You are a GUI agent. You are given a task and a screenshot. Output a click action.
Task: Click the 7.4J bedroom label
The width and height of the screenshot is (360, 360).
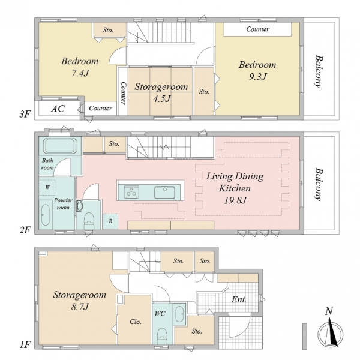pos(80,67)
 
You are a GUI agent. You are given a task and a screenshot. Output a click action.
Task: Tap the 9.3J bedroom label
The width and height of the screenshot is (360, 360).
pos(257,70)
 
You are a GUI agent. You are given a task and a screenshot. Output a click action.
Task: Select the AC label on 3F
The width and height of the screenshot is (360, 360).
pos(58,109)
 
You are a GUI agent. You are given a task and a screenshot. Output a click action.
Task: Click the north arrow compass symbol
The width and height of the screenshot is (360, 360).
pos(331,329)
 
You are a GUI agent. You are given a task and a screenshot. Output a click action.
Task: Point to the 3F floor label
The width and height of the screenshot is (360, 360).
pos(25,114)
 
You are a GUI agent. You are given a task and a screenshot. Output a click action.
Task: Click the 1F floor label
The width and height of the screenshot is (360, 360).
pos(25,345)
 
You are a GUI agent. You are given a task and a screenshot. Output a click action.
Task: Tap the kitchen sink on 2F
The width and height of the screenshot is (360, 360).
pos(164,192)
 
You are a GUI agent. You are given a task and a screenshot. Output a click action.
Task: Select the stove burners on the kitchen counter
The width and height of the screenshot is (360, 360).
pos(131,192)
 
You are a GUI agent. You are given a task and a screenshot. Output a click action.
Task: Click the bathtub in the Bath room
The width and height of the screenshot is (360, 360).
pos(60,146)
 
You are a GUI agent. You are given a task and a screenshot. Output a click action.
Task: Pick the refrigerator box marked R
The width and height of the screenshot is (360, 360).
pos(110,221)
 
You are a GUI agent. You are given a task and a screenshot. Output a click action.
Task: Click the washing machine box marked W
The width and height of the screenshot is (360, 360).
pos(47,187)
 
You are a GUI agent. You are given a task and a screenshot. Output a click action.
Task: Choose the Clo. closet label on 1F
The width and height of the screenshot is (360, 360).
pos(135,322)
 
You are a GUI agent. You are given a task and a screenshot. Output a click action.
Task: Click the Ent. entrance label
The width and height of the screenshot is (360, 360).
pos(239,299)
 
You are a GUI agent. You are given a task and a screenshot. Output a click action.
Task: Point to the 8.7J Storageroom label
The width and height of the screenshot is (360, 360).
pos(79,301)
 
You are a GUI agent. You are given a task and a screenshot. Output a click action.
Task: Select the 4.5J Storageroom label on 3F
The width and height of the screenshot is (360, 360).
pos(161,92)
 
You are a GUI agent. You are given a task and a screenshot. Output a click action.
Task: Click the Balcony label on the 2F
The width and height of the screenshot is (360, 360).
pos(319,185)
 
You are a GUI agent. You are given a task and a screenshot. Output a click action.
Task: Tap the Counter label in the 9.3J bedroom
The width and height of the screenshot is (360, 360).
pos(257,29)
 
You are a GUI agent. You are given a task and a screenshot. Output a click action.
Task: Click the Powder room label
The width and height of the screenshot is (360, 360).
pos(63,204)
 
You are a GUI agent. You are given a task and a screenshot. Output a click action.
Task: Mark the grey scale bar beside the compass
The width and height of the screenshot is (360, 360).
pos(305,337)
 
